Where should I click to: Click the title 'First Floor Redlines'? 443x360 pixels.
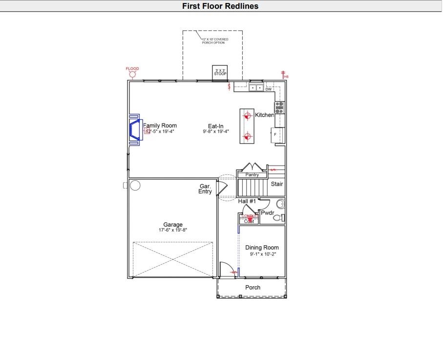tap(220, 6)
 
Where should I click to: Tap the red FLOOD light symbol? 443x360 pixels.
tap(132, 74)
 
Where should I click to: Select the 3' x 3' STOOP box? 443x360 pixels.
tap(220, 72)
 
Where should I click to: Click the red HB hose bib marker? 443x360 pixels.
tap(284, 74)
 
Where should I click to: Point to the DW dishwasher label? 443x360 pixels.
tap(268, 89)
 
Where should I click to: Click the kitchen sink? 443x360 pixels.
tap(255, 88)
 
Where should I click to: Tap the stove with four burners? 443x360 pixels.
tap(279, 107)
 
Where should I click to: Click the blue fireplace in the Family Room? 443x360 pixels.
tap(134, 130)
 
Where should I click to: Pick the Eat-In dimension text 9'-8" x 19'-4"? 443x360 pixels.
tap(216, 131)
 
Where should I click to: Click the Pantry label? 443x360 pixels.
tap(252, 175)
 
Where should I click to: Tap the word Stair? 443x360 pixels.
tap(277, 184)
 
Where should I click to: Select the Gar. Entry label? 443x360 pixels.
tap(205, 189)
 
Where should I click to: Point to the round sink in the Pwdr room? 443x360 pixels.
tap(280, 204)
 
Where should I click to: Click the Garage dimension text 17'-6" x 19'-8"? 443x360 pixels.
tap(173, 230)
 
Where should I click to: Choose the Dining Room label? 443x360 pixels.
tap(262, 248)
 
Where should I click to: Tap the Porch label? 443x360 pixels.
tap(253, 288)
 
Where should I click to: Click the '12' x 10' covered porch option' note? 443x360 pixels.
tap(215, 41)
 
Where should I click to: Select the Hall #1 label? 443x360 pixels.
tap(247, 201)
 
